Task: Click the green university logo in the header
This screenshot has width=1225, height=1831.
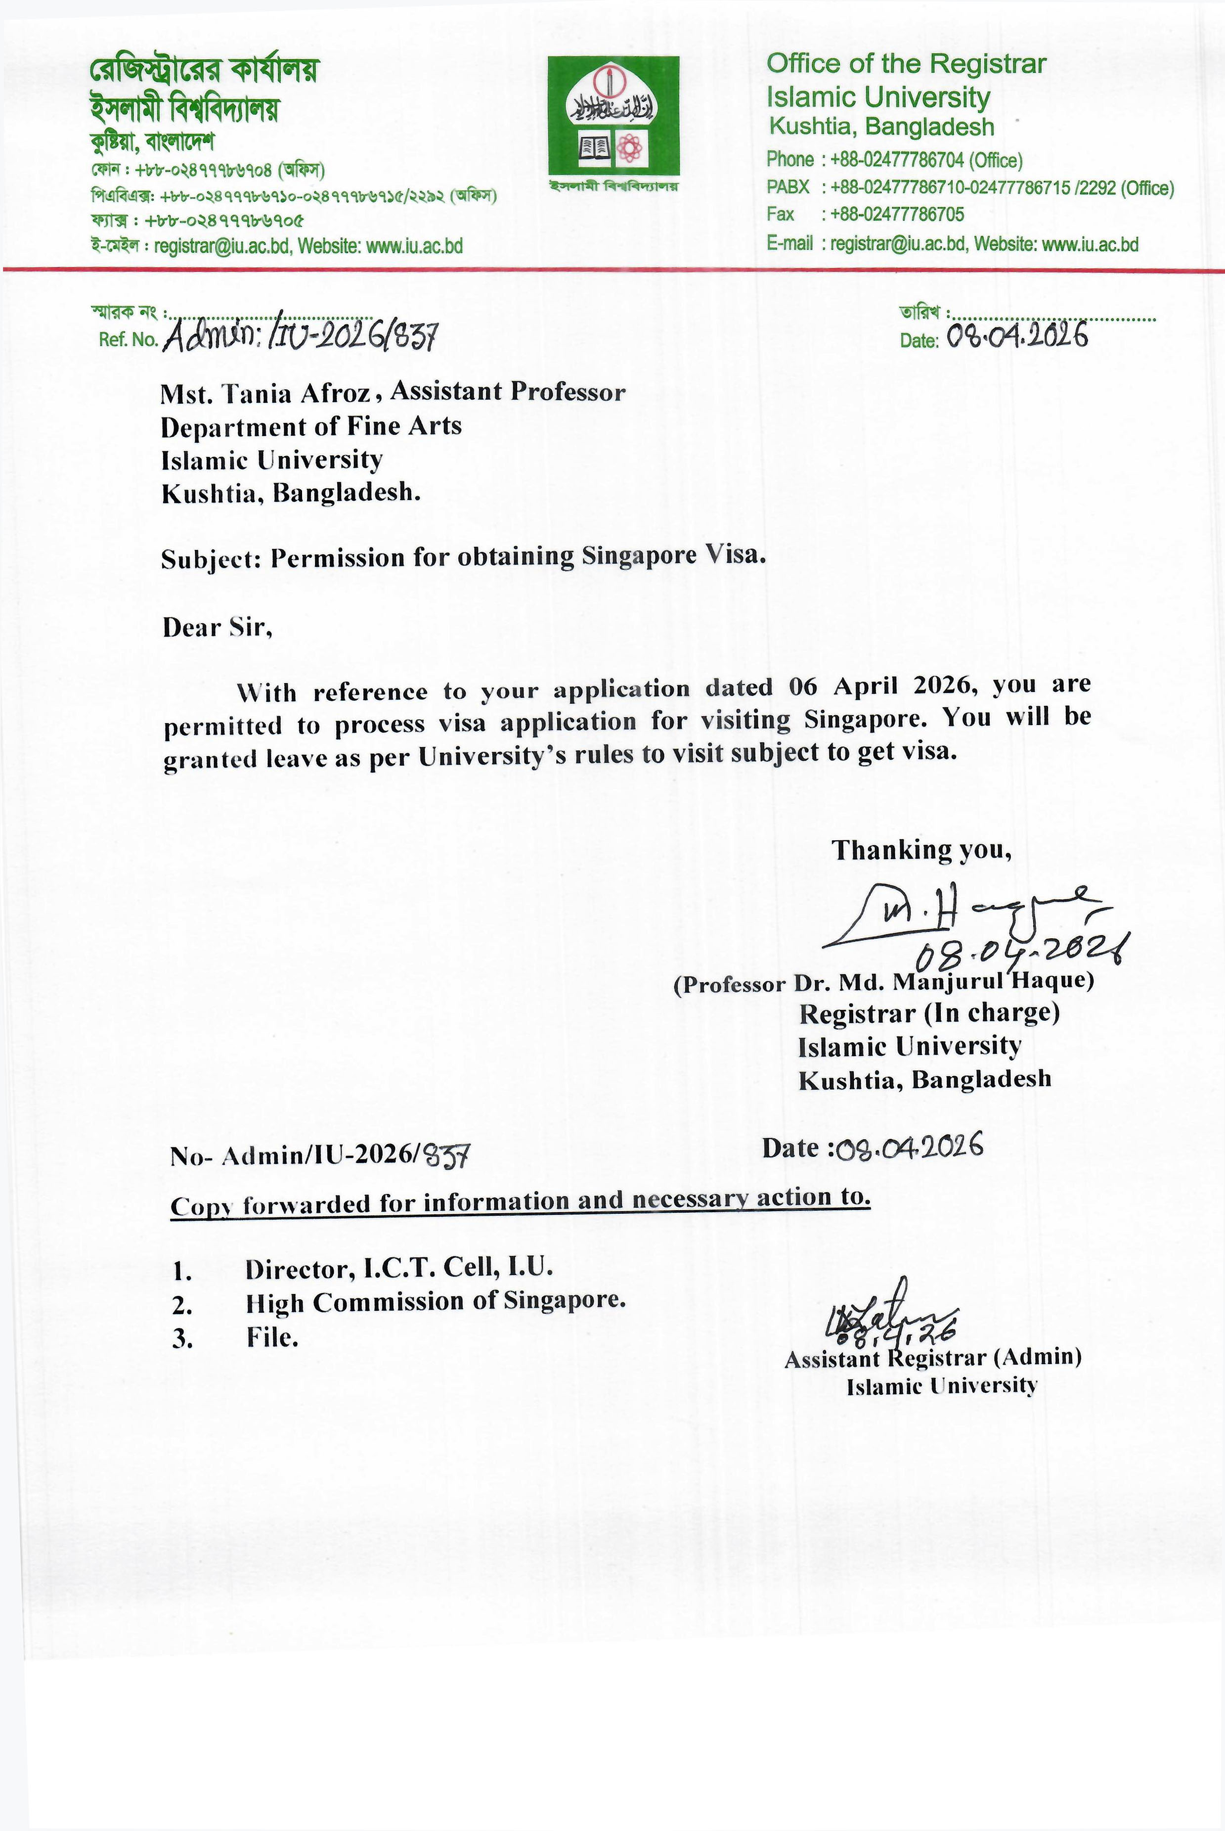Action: point(612,116)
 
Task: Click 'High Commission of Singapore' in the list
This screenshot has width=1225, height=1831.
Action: point(435,1302)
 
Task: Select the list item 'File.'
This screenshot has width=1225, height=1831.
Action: point(272,1337)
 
